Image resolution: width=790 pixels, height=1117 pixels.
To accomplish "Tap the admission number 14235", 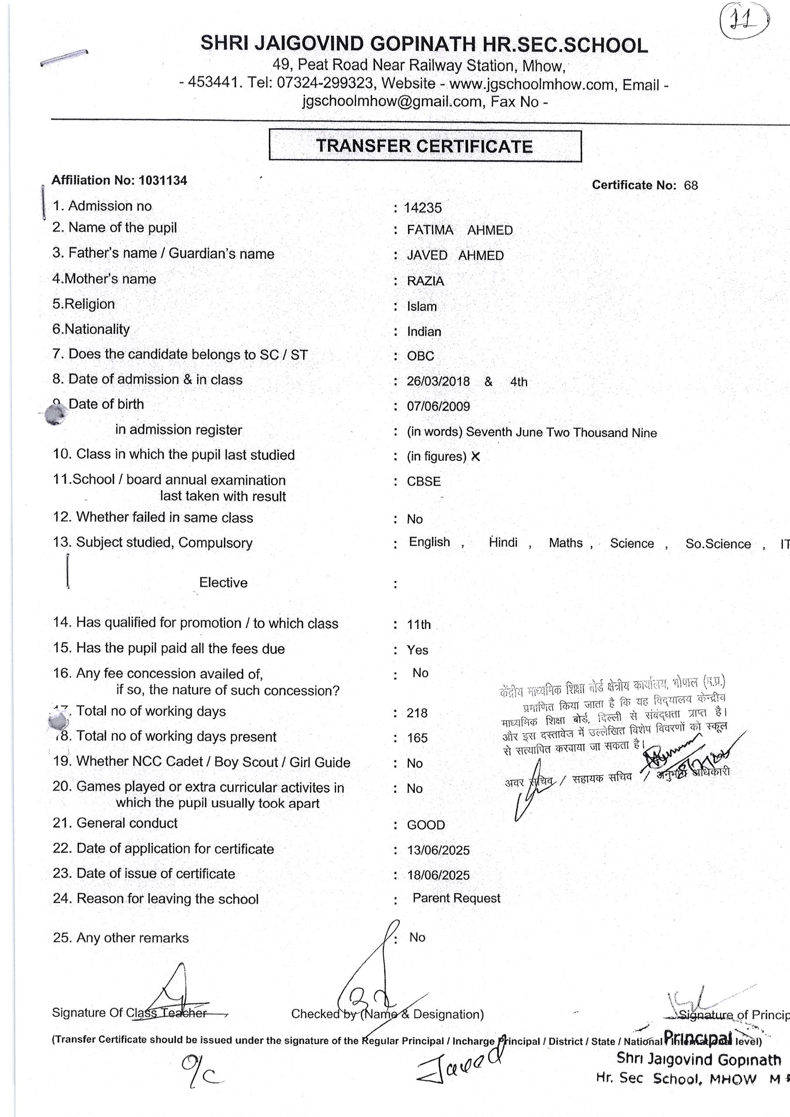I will click(x=422, y=208).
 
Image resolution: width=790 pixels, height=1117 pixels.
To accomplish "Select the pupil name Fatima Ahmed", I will click(x=460, y=230).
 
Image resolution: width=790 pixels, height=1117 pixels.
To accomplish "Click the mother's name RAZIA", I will click(x=426, y=281).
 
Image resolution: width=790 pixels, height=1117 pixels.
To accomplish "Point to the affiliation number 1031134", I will click(x=162, y=181).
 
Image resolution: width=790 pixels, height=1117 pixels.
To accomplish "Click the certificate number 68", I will click(x=690, y=185).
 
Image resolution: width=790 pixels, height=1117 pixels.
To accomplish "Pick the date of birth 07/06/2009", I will click(x=438, y=407).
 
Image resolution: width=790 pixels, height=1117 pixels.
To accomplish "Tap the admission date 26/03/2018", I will click(x=438, y=382).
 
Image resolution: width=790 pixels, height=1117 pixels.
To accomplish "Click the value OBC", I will click(x=420, y=356).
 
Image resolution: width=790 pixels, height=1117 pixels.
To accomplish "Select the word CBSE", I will click(x=423, y=482).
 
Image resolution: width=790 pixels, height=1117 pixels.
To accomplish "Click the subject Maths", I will click(x=566, y=543).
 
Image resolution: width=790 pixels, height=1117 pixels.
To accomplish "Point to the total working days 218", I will click(x=417, y=713).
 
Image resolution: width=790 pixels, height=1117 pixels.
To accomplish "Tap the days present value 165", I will click(x=417, y=738).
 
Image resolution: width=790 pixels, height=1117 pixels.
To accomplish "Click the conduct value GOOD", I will click(x=426, y=825).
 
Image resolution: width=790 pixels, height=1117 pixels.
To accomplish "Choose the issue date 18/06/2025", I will click(x=438, y=875).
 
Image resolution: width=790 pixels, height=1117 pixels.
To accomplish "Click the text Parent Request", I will click(x=456, y=898).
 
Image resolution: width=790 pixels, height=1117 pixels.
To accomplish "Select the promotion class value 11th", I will click(x=419, y=625).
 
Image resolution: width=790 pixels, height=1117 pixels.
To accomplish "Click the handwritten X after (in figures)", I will click(x=476, y=456).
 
